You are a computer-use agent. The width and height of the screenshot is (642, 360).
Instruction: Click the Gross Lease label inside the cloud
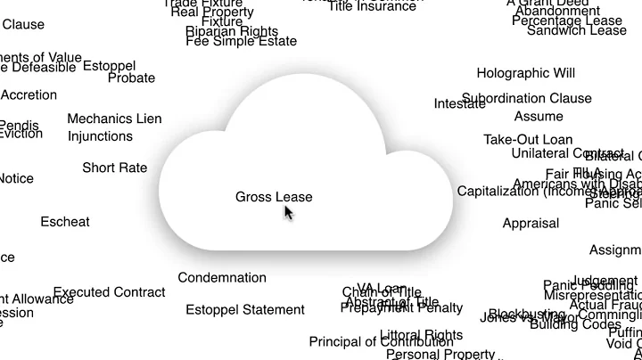pyautogui.click(x=274, y=197)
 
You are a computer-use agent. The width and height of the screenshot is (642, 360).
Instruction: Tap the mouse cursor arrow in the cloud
pyautogui.click(x=288, y=212)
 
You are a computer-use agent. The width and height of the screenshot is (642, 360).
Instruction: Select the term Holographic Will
pyautogui.click(x=525, y=73)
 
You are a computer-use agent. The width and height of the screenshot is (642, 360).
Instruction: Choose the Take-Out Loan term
pyautogui.click(x=528, y=140)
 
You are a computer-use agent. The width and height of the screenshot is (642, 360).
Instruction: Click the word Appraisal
pyautogui.click(x=531, y=224)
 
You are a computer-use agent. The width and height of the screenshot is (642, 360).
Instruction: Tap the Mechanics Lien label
pyautogui.click(x=114, y=119)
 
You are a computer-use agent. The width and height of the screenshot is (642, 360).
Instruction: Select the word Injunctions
pyautogui.click(x=100, y=136)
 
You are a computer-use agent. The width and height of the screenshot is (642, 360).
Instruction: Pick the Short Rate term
pyautogui.click(x=115, y=168)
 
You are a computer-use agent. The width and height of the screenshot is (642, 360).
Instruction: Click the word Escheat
pyautogui.click(x=65, y=222)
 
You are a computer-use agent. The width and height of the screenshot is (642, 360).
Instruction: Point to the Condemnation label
pyautogui.click(x=222, y=278)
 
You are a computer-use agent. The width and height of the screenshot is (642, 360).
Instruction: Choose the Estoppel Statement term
pyautogui.click(x=245, y=310)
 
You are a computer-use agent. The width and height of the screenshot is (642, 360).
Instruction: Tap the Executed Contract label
pyautogui.click(x=109, y=292)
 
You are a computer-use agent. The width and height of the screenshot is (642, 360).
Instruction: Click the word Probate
pyautogui.click(x=131, y=78)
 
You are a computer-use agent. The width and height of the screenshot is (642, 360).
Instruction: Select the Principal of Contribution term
pyautogui.click(x=375, y=342)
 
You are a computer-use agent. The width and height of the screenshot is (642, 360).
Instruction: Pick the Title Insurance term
pyautogui.click(x=372, y=6)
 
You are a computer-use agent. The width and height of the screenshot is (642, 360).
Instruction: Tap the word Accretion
pyautogui.click(x=29, y=95)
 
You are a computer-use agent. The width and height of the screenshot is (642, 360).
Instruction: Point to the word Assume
pyautogui.click(x=539, y=116)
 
